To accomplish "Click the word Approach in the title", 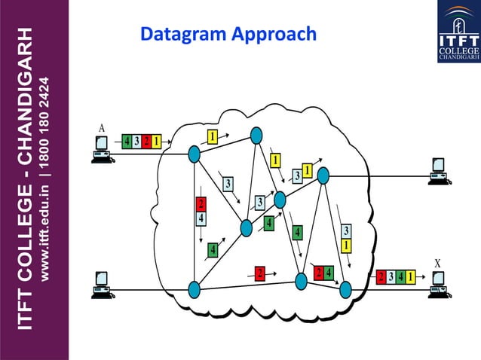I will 274,35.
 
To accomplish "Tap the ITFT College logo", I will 458,32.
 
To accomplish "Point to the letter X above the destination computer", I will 437,263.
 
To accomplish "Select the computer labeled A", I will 101,149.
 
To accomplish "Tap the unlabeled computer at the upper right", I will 439,171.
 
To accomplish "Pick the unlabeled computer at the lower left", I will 101,283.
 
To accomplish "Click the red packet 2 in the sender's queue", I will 146,141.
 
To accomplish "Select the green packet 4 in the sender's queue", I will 127,141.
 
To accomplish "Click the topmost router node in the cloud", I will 256,134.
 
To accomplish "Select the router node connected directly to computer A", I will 194,154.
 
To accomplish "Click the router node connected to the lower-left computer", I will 194,288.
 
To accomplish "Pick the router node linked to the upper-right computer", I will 323,175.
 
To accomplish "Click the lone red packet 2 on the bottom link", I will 259,272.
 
